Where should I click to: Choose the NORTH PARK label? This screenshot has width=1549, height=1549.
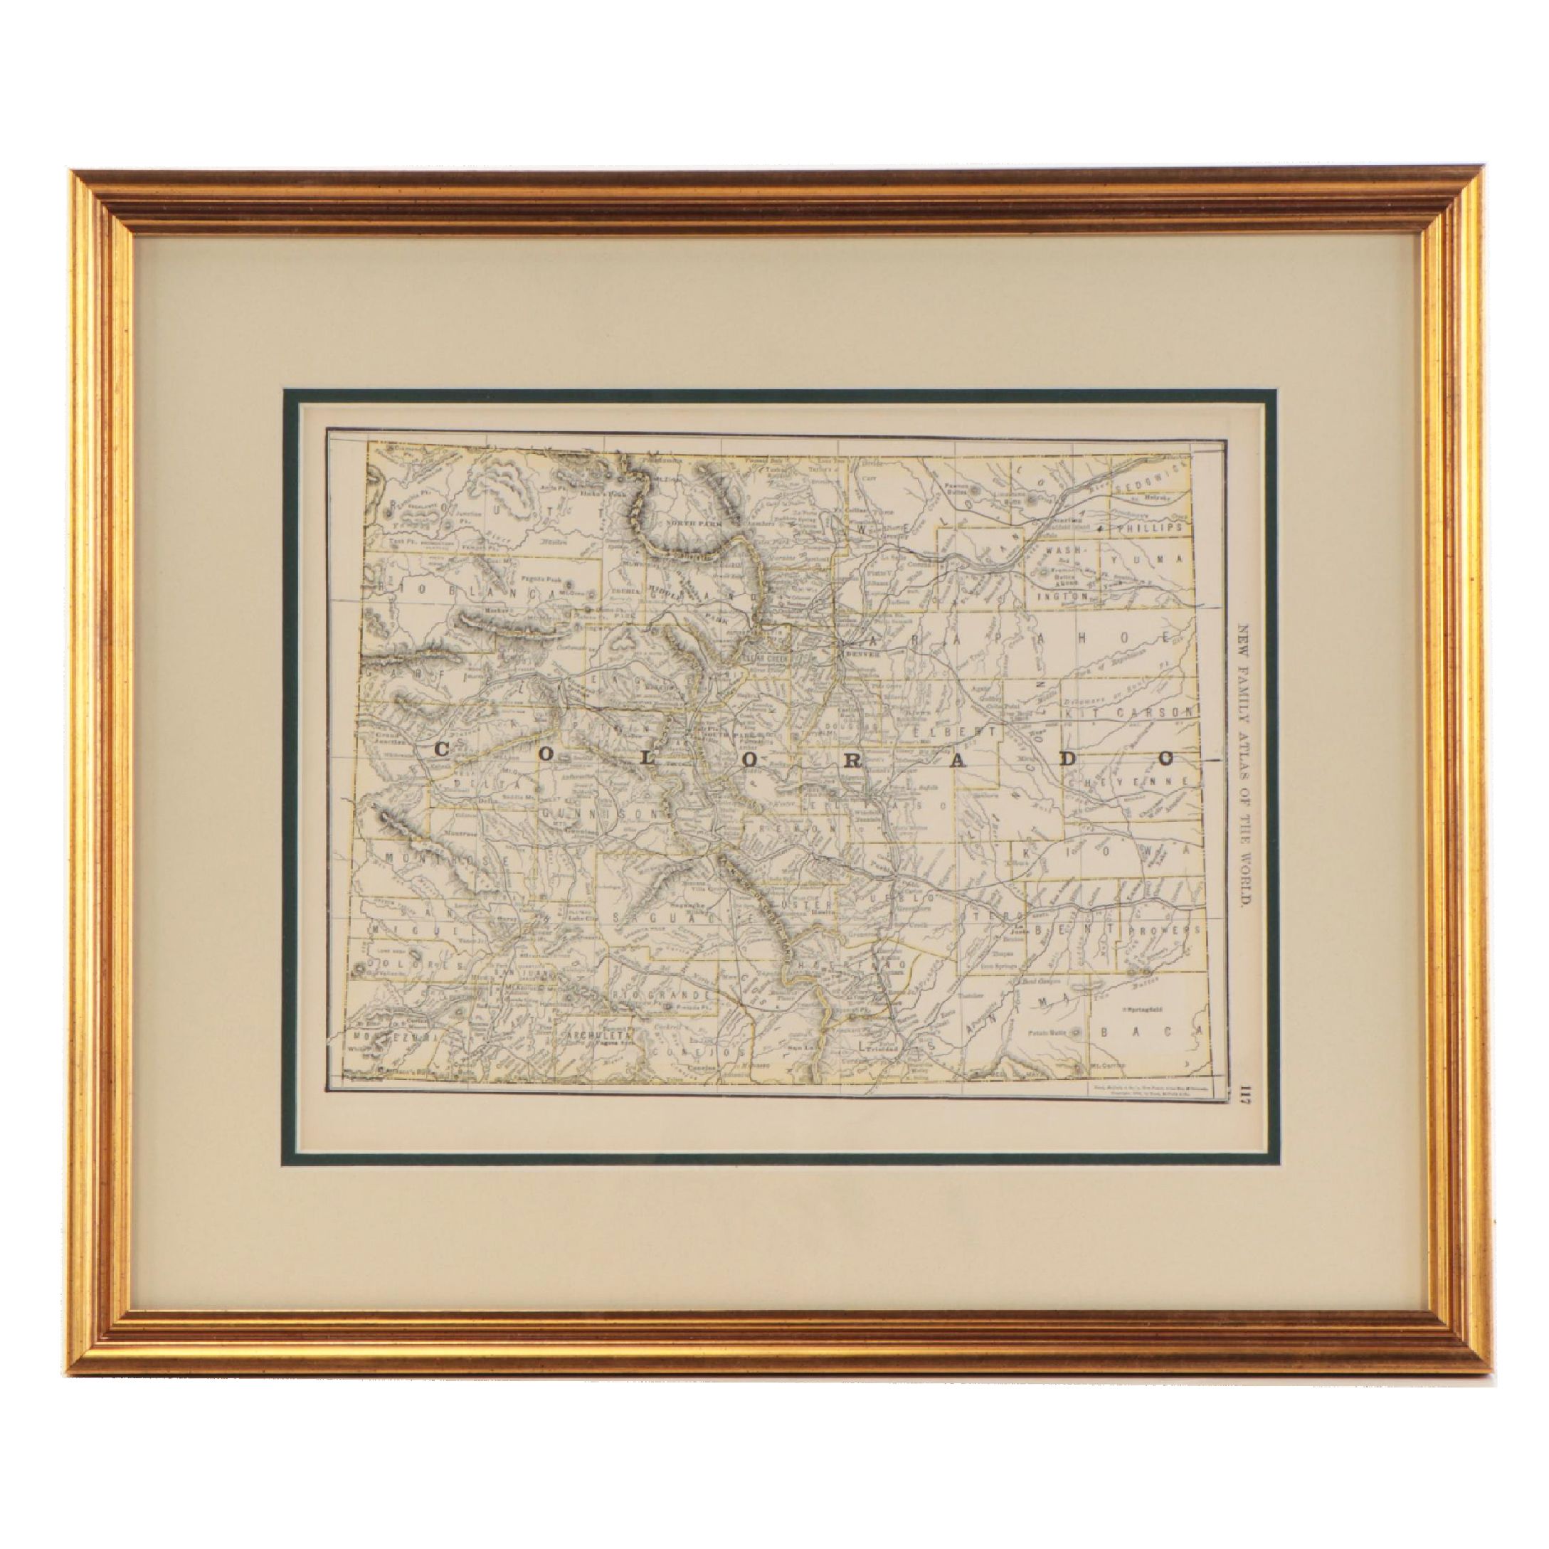click(x=683, y=520)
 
